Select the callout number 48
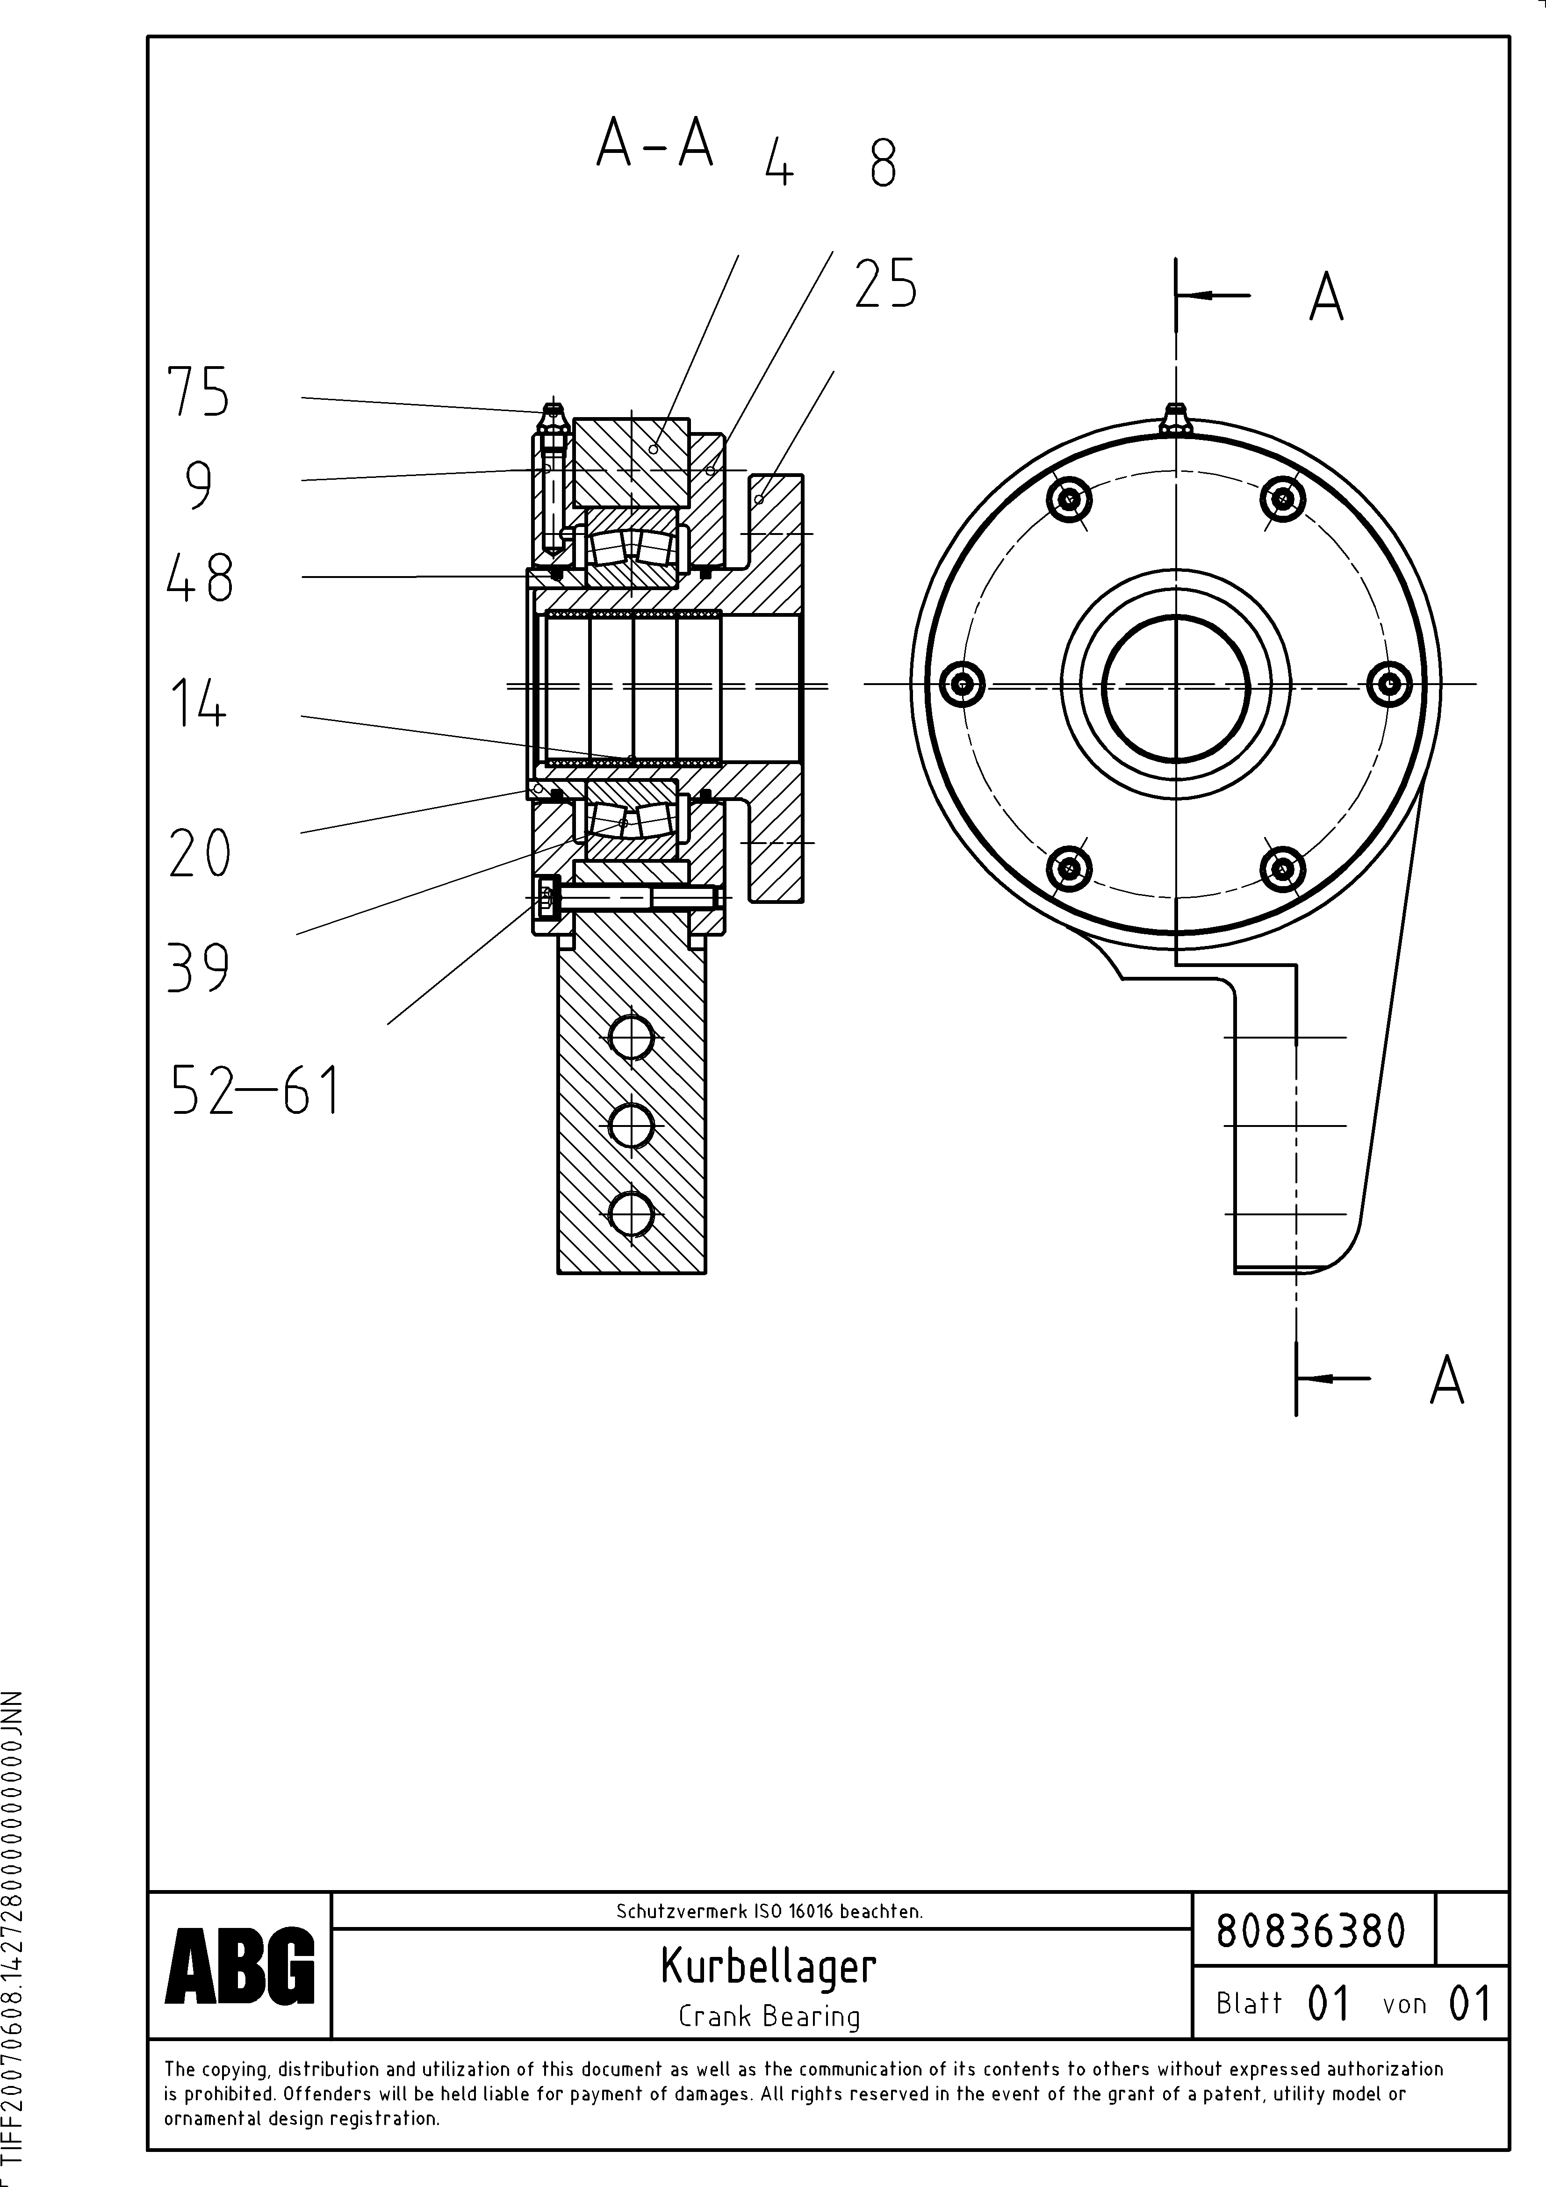pyautogui.click(x=199, y=578)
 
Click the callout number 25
pyautogui.click(x=885, y=284)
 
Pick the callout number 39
pyautogui.click(x=198, y=969)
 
